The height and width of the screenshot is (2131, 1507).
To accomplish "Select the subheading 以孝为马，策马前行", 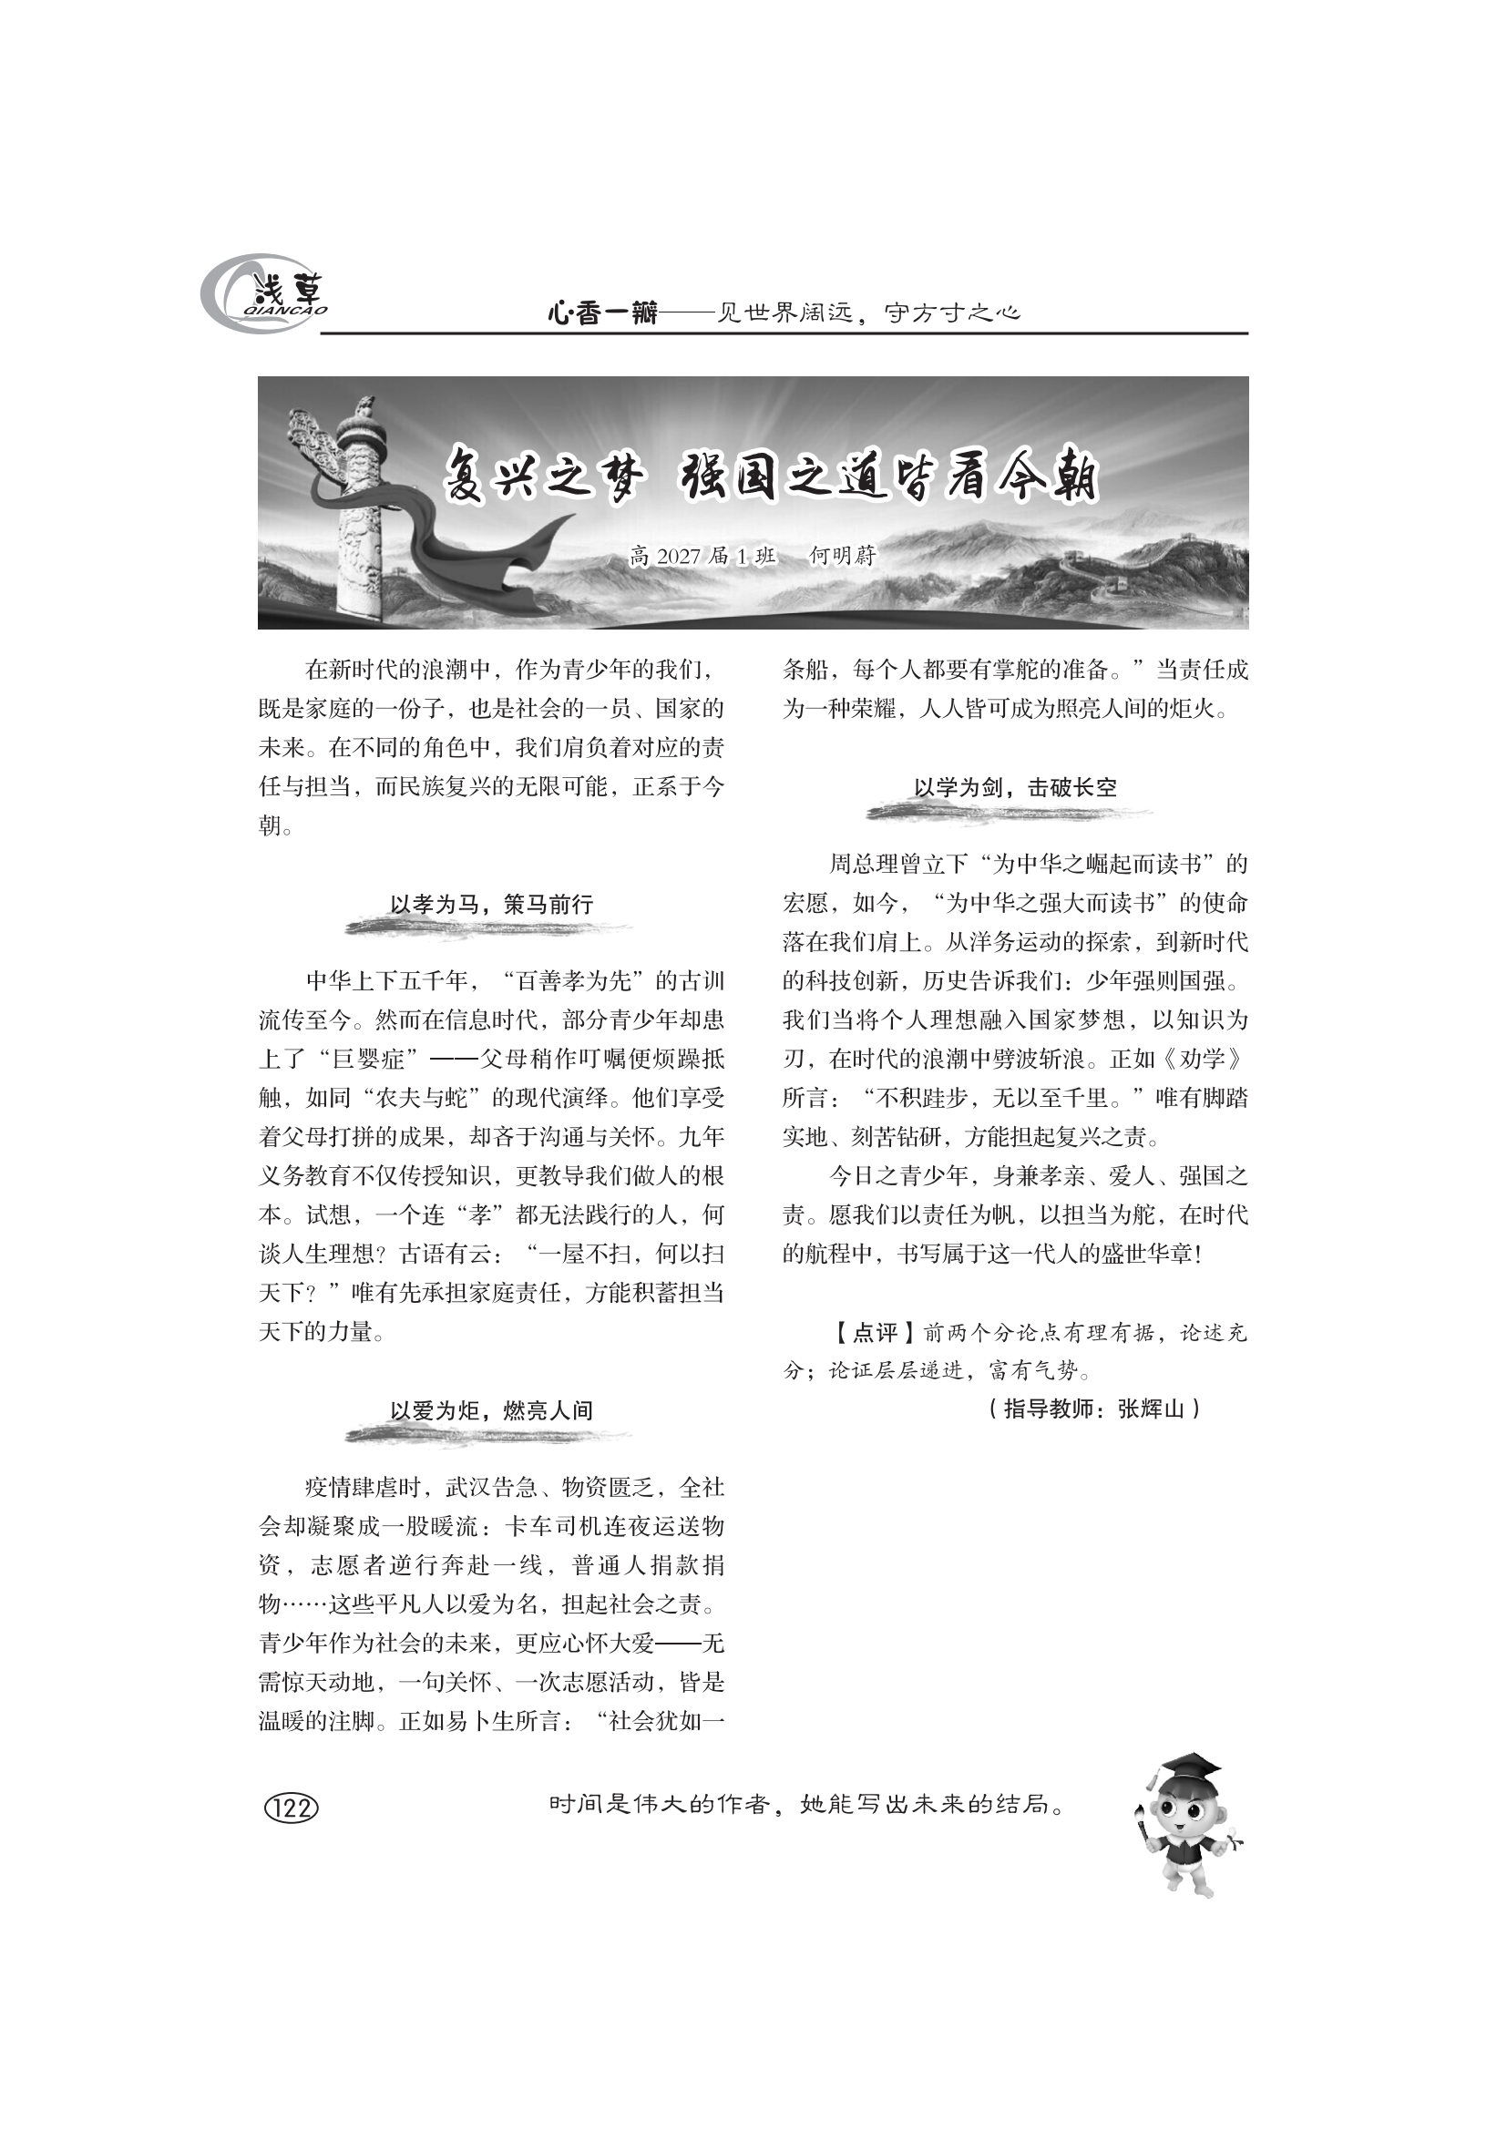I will [x=491, y=905].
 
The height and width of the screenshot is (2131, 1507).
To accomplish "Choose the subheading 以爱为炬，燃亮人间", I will [x=491, y=1411].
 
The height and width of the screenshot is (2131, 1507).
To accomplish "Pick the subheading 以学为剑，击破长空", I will [x=1015, y=788].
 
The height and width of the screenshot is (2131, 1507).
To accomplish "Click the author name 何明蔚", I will [x=843, y=556].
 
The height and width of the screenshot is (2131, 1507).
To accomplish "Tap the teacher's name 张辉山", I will [x=1152, y=1409].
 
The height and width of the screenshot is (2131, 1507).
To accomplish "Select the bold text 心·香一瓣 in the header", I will [x=601, y=314].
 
